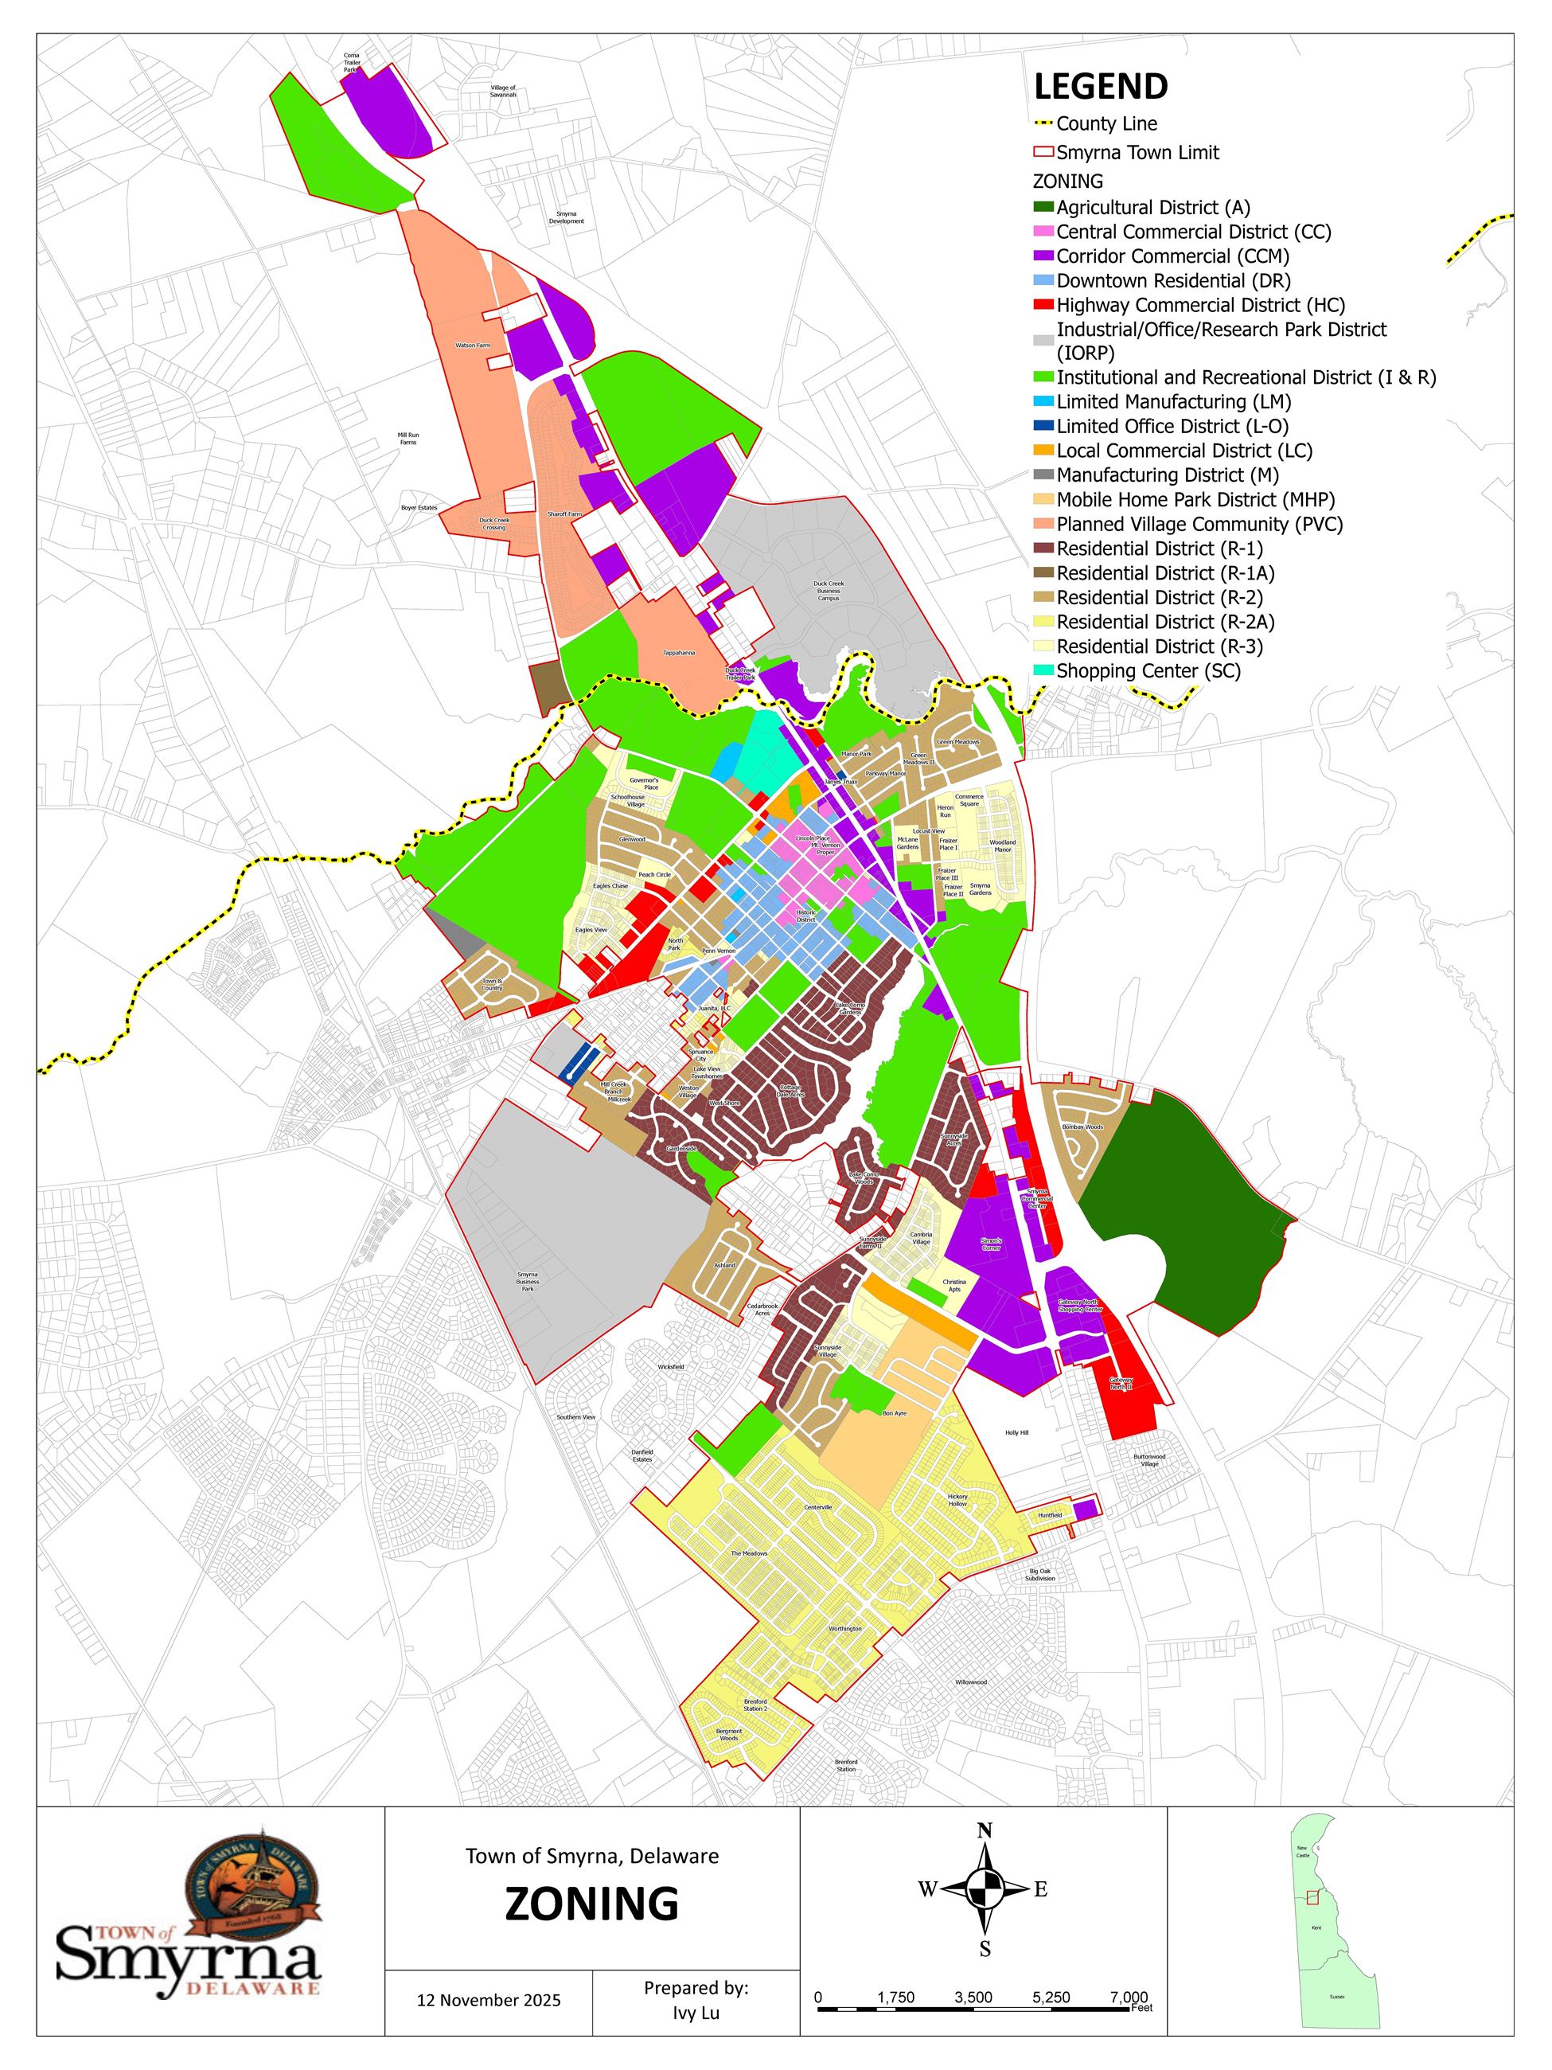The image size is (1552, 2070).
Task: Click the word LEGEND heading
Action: click(1100, 87)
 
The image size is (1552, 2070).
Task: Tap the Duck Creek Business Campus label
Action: click(828, 591)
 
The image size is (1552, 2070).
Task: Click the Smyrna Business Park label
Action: click(528, 1281)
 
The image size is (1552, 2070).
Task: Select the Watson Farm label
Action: click(473, 346)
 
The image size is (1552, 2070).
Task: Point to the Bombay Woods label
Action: click(1082, 1127)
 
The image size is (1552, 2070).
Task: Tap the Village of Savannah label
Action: click(503, 91)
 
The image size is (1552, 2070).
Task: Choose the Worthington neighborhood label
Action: click(844, 1628)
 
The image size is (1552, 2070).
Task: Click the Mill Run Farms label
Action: click(407, 438)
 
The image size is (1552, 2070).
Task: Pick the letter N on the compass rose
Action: click(985, 1831)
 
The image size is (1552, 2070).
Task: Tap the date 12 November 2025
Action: click(489, 2001)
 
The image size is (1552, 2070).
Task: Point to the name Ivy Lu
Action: click(696, 2013)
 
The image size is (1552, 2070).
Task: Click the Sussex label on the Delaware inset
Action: click(1337, 1996)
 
